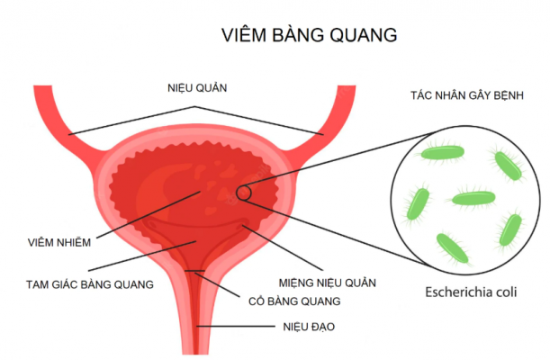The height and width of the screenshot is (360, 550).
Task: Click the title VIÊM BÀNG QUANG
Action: click(x=309, y=34)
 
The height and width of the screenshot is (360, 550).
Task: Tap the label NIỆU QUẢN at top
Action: click(x=197, y=87)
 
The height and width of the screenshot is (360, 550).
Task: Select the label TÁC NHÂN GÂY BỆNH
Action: click(x=467, y=95)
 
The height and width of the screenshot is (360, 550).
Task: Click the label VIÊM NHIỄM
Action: click(x=59, y=242)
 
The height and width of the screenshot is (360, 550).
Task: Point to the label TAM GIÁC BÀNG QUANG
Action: click(x=90, y=284)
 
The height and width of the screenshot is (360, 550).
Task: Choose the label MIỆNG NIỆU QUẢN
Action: click(x=328, y=283)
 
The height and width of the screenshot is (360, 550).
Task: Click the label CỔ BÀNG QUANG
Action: click(x=294, y=301)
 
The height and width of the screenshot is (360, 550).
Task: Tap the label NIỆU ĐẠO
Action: click(x=309, y=327)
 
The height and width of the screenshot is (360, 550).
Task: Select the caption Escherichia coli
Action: click(x=471, y=292)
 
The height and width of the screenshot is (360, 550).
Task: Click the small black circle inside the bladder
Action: click(x=244, y=193)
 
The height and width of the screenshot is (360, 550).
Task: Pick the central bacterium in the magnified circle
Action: click(x=473, y=199)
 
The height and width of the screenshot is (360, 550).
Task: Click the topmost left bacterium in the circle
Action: click(x=442, y=153)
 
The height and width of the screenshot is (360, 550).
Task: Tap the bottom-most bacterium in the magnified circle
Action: click(x=453, y=248)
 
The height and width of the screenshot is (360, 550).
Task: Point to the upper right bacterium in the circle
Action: click(x=508, y=166)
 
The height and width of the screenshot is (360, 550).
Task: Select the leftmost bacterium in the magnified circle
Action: click(x=418, y=203)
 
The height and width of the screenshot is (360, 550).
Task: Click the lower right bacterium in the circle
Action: click(x=510, y=230)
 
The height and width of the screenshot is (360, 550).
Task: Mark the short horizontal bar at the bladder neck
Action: click(x=194, y=271)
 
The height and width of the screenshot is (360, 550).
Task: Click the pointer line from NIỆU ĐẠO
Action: click(x=236, y=327)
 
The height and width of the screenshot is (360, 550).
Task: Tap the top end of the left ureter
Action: click(x=43, y=85)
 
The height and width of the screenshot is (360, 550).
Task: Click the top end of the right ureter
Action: click(x=347, y=85)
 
